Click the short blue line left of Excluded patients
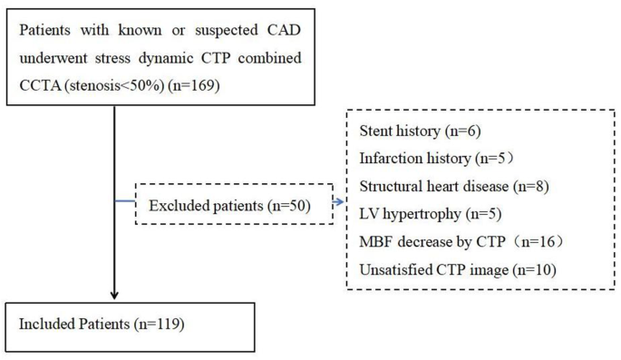coord(125,201)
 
